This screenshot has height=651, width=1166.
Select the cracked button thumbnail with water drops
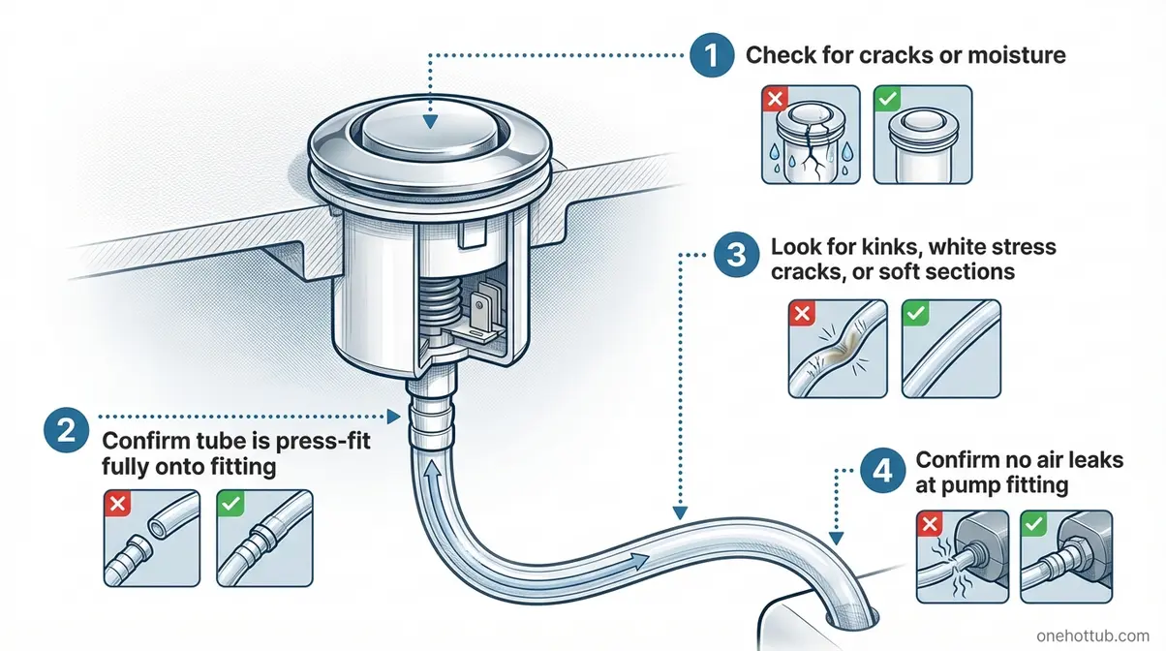point(807,136)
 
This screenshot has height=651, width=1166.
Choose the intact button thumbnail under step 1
point(922,136)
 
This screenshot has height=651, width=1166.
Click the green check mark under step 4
point(1035,522)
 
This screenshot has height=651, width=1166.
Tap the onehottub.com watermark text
point(1094,635)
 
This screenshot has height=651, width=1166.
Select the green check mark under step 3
point(915,314)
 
